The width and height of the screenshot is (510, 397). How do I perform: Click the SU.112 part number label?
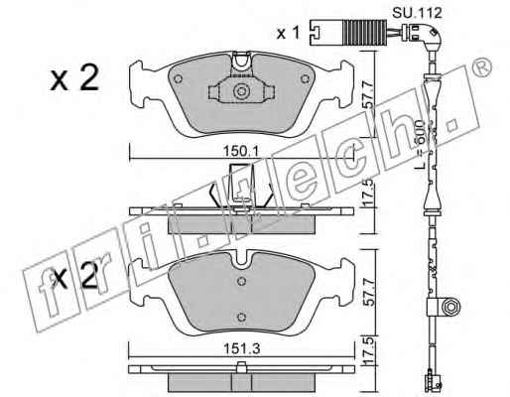(417, 13)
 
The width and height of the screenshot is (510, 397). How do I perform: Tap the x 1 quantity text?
(288, 33)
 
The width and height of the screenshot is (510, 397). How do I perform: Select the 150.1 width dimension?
(240, 151)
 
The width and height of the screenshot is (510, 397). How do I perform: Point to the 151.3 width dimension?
(242, 348)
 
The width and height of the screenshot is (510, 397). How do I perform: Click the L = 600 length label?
(420, 145)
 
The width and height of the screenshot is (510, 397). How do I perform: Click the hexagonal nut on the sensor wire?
(450, 307)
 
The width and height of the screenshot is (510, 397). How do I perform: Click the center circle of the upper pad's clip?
(241, 91)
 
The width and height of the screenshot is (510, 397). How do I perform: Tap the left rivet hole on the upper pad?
(178, 79)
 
